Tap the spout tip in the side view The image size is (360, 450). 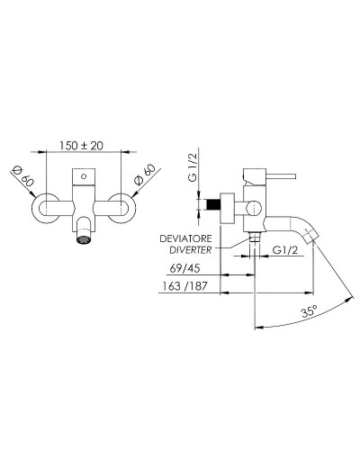click(311, 235)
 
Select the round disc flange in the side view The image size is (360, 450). click(229, 206)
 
